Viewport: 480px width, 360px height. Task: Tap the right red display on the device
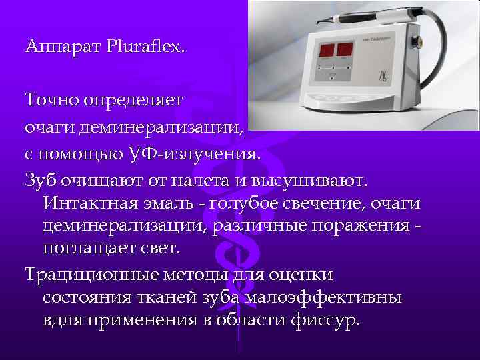point(345,49)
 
